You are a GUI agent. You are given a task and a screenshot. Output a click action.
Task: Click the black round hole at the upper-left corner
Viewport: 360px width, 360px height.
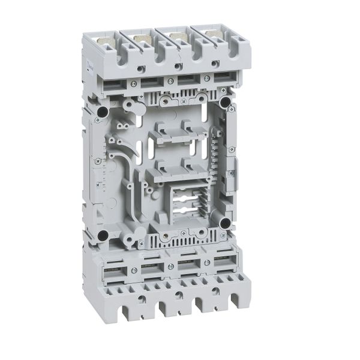click(101, 112)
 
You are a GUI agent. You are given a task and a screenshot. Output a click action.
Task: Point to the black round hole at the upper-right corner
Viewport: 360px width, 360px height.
click(225, 103)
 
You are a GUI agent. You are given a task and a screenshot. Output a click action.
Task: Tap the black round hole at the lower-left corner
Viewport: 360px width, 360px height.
click(104, 235)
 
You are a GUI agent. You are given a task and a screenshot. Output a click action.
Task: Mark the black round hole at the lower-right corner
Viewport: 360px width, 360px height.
click(224, 223)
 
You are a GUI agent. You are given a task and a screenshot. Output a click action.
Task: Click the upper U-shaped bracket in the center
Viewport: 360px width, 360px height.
click(169, 135)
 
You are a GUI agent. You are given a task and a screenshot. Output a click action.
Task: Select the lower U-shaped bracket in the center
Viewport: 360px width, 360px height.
click(170, 173)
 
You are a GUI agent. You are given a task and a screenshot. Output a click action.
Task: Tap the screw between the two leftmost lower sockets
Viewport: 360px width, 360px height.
click(134, 271)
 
